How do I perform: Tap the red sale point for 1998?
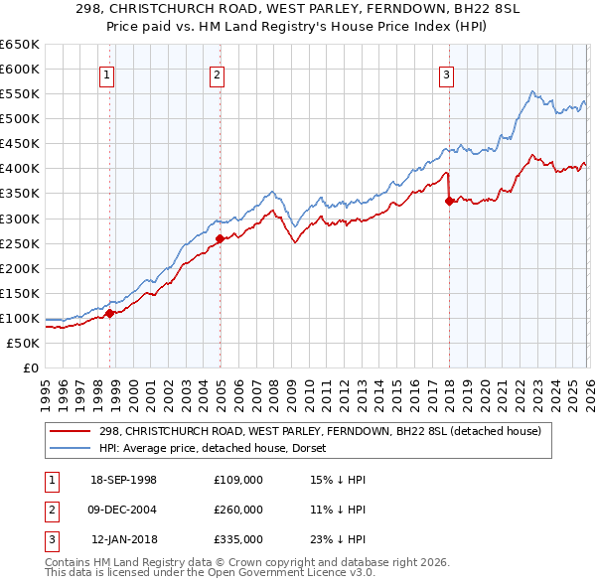point(110,313)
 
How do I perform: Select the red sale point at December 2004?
point(220,238)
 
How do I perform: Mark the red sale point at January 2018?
point(449,201)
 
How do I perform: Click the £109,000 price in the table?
point(237,480)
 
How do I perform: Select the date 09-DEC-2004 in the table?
point(123,510)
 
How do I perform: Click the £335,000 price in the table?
point(237,539)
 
